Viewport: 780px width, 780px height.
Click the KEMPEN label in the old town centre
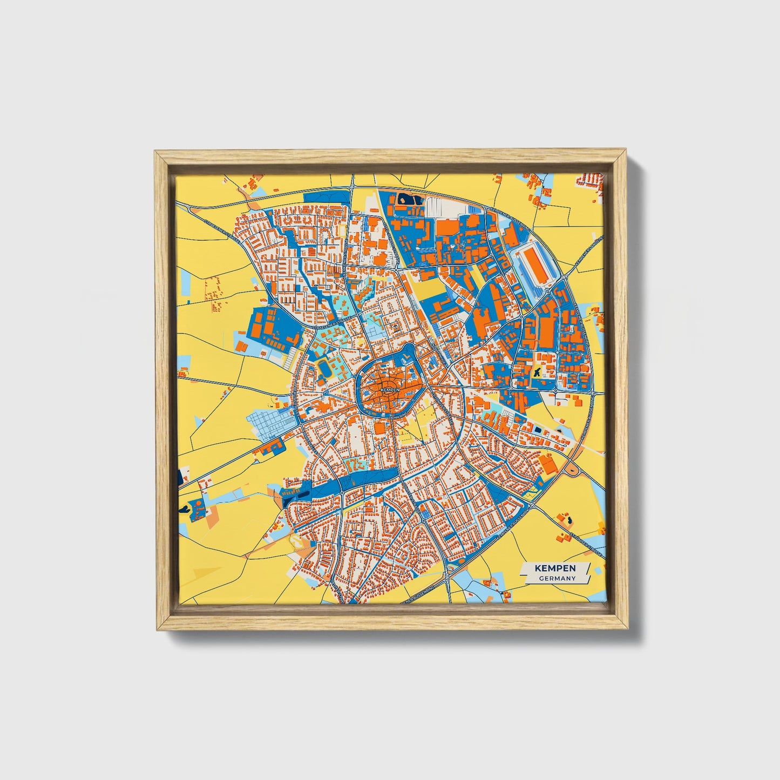tap(389, 389)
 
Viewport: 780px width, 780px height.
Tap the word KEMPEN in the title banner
tap(555, 568)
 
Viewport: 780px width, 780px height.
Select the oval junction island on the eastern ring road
tap(571, 471)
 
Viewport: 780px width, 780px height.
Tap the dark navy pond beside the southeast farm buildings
tap(567, 520)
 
